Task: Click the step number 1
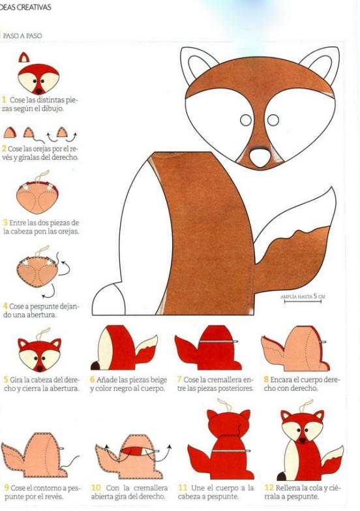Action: (4, 99)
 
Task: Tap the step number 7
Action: (179, 379)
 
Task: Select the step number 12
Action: (269, 488)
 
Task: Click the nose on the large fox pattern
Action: (260, 157)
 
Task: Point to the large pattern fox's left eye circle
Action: (246, 120)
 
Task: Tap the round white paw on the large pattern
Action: (109, 300)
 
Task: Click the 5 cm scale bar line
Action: (303, 302)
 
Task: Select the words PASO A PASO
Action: (22, 36)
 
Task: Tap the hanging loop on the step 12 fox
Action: (306, 406)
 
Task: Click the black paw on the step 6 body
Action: (95, 365)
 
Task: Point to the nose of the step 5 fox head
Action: (40, 369)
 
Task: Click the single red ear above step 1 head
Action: (23, 57)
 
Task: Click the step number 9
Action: (6, 488)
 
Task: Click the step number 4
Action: (5, 306)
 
